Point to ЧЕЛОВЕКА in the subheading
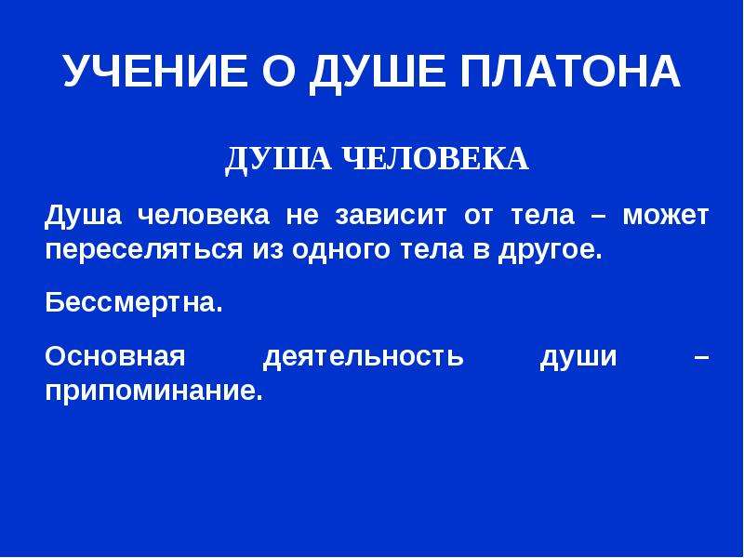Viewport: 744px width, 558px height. point(434,158)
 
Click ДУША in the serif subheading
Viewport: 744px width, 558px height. point(278,160)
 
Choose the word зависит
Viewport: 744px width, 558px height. point(391,216)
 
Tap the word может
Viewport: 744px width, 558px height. point(666,216)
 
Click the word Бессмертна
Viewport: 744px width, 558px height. point(134,301)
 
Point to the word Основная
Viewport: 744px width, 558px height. point(115,356)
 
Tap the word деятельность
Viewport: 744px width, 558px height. point(363,357)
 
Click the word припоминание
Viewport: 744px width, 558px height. point(154,392)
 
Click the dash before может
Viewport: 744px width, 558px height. point(598,216)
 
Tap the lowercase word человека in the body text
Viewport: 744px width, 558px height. point(204,217)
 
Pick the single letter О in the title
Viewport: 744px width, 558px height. point(278,71)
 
